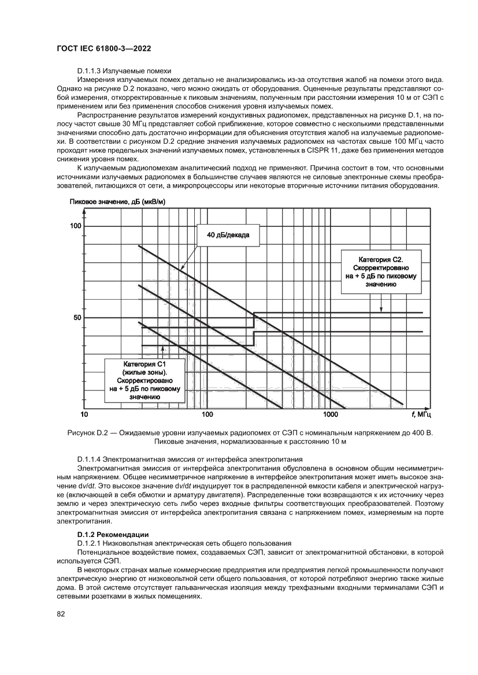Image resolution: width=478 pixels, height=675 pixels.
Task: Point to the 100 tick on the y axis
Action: point(75,225)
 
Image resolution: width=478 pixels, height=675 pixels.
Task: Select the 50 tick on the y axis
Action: point(77,318)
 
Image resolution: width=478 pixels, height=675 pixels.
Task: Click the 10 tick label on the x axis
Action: point(84,415)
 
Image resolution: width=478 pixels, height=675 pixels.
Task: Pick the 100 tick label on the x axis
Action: point(207,415)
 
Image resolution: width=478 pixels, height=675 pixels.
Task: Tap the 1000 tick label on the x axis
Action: point(330,415)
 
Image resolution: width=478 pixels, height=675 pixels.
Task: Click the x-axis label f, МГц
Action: point(421,415)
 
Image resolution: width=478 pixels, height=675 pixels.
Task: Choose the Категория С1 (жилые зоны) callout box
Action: point(144,381)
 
